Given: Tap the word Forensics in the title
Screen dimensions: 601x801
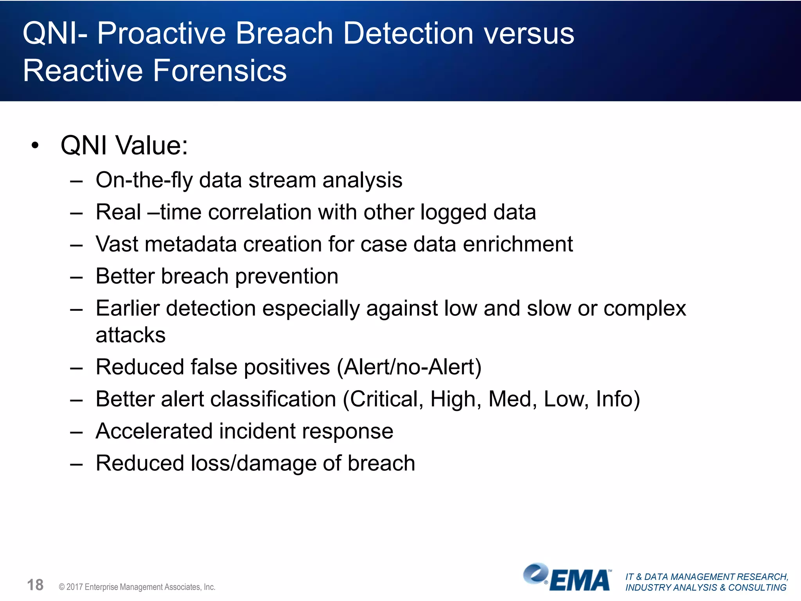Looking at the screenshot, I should tap(219, 71).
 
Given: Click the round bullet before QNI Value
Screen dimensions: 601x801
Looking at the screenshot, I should tap(35, 146).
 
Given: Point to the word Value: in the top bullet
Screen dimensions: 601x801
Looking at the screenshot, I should tap(152, 146).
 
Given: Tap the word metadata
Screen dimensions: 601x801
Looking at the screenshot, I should tap(190, 245).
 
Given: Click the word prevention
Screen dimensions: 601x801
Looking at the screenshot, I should tap(287, 277).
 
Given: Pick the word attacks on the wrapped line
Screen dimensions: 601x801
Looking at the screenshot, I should tap(131, 335).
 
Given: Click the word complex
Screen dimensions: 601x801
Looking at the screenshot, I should tap(645, 309).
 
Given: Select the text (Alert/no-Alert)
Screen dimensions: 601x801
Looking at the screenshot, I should tap(409, 367).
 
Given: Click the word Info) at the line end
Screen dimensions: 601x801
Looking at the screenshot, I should tap(618, 399).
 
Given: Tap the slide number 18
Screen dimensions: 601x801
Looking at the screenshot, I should tap(35, 585).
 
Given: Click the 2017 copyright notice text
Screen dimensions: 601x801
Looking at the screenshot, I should tap(137, 587).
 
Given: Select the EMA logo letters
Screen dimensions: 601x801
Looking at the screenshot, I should tap(580, 581).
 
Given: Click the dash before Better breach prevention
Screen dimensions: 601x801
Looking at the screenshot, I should tap(76, 277).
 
